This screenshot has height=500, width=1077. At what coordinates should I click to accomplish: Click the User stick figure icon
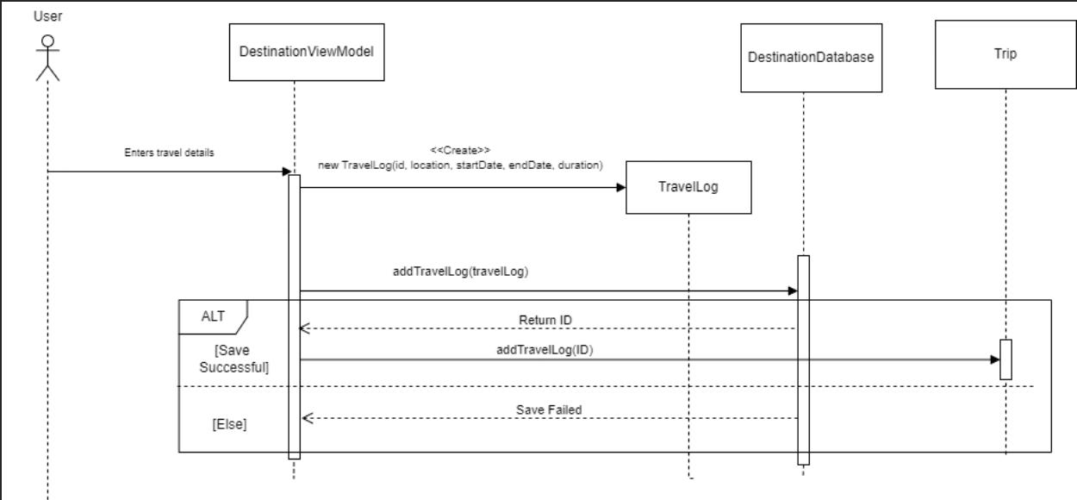point(47,58)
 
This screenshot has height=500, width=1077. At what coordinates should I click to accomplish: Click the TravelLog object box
point(688,187)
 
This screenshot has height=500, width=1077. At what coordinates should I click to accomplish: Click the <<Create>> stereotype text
point(461,150)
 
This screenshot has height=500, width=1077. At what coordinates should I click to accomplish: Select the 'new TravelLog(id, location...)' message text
point(461,164)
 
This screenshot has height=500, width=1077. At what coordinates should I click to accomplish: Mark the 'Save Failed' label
point(549,409)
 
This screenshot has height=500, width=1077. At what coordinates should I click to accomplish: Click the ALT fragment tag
point(213,316)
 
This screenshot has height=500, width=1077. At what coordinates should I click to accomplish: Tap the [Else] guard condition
point(229,425)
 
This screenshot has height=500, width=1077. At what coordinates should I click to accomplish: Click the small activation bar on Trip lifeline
point(1005,359)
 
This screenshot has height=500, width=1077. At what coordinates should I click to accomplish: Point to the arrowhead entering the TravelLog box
point(620,186)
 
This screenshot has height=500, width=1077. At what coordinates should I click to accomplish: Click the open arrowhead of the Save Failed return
point(306,418)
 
